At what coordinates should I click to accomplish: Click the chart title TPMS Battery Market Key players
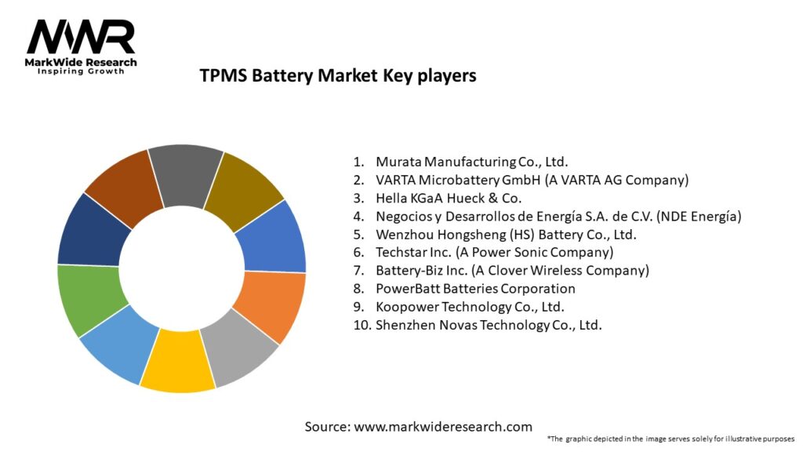(x=338, y=76)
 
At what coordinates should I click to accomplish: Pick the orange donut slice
(x=268, y=306)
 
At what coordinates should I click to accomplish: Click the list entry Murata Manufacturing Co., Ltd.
(x=470, y=162)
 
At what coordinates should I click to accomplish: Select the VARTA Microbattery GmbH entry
(x=532, y=180)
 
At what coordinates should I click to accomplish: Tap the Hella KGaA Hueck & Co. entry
(x=449, y=199)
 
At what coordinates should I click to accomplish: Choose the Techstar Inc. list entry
(x=494, y=253)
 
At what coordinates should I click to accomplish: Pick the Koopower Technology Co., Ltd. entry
(x=470, y=307)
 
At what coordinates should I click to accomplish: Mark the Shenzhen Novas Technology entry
(x=489, y=325)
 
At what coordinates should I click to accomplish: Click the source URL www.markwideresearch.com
(x=443, y=427)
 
